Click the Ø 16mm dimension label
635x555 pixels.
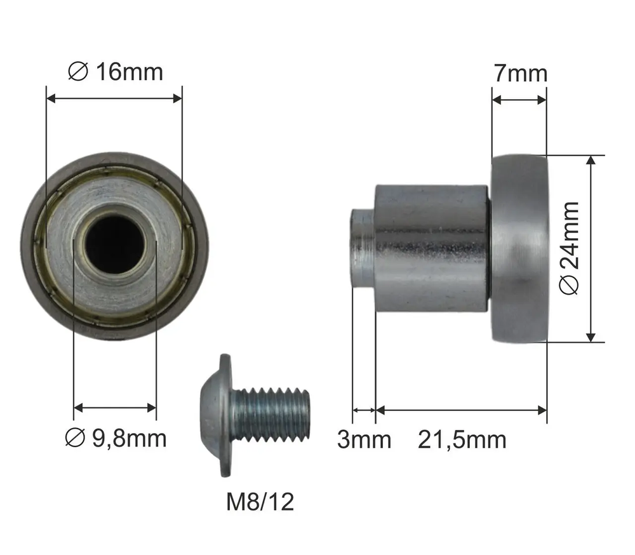point(116,72)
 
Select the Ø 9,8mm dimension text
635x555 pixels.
point(116,438)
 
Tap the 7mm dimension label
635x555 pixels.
point(521,73)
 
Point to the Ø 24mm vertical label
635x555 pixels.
point(569,248)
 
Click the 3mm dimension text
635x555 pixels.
point(364,439)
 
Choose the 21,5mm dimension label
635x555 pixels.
point(462,440)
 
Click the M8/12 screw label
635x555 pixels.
point(260,502)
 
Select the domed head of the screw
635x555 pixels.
point(217,415)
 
